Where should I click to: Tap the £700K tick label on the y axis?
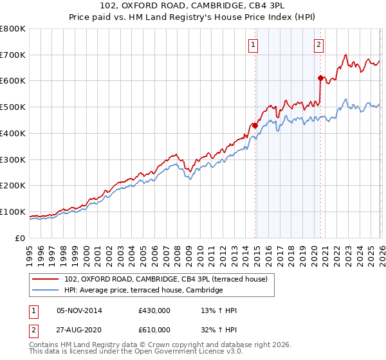coord(13,55)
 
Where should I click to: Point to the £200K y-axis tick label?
coord(13,185)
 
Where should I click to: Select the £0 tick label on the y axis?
coord(21,238)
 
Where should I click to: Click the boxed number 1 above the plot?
coord(253,45)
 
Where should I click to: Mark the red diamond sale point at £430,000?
coord(255,126)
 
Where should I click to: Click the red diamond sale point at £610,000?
coord(320,78)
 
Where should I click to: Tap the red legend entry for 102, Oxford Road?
coord(170,279)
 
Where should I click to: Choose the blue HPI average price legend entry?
coord(143,291)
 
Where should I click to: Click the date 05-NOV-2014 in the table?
coord(79,311)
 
